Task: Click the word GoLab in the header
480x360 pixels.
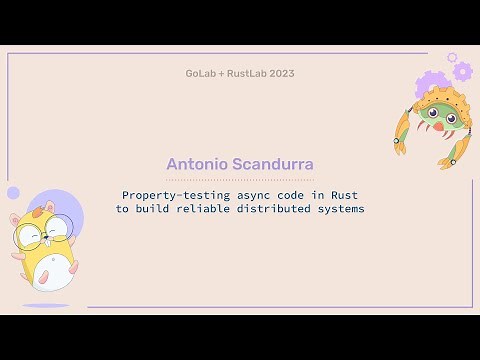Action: (x=201, y=73)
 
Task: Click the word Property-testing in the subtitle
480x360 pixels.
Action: (x=166, y=195)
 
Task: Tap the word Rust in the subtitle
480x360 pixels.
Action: (x=344, y=195)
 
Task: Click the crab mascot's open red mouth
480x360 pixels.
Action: (x=437, y=127)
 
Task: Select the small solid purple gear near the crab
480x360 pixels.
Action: (x=461, y=71)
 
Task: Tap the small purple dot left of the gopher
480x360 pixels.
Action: (x=13, y=192)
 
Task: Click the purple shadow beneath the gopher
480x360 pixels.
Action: (x=46, y=304)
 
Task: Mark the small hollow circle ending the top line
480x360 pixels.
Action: (x=452, y=57)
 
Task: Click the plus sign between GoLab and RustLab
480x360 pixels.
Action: (x=223, y=73)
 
